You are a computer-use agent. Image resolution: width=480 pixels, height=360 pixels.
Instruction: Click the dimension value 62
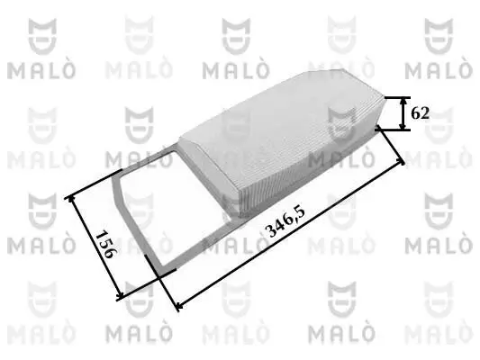(x=419, y=113)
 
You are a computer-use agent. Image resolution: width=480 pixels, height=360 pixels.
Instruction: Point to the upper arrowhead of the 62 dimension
(x=401, y=100)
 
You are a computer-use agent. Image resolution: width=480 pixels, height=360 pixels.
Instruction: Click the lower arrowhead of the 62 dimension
(x=401, y=128)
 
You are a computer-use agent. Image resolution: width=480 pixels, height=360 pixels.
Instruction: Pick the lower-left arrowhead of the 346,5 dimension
(x=177, y=306)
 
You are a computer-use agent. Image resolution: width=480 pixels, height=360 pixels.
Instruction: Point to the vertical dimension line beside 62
(x=401, y=113)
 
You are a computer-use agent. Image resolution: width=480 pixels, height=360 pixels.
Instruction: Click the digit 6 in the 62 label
(x=414, y=113)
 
